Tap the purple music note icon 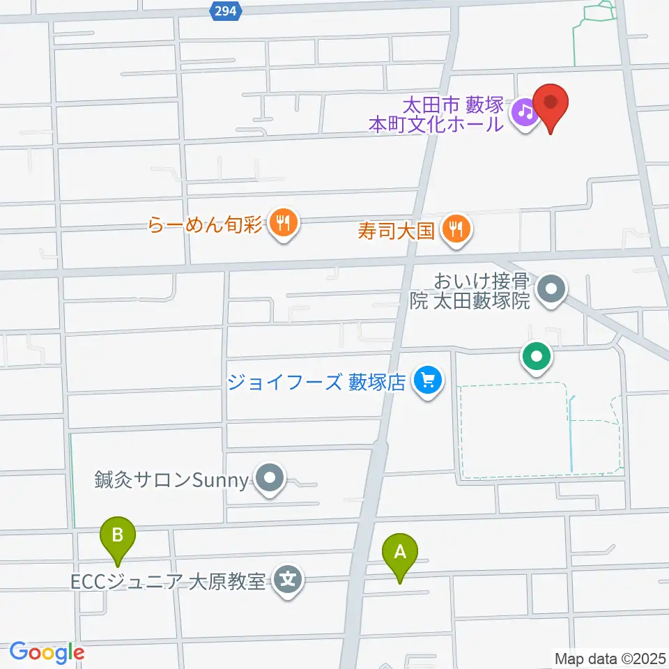pyautogui.click(x=525, y=112)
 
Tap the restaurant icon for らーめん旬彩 pyautogui.click(x=283, y=224)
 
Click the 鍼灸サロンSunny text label pyautogui.click(x=171, y=479)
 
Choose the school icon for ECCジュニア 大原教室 pyautogui.click(x=287, y=578)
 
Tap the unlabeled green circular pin pyautogui.click(x=536, y=358)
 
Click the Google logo pyautogui.click(x=47, y=652)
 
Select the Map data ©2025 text pyautogui.click(x=610, y=658)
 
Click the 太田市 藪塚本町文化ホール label pyautogui.click(x=436, y=115)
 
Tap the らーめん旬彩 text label pyautogui.click(x=205, y=225)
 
